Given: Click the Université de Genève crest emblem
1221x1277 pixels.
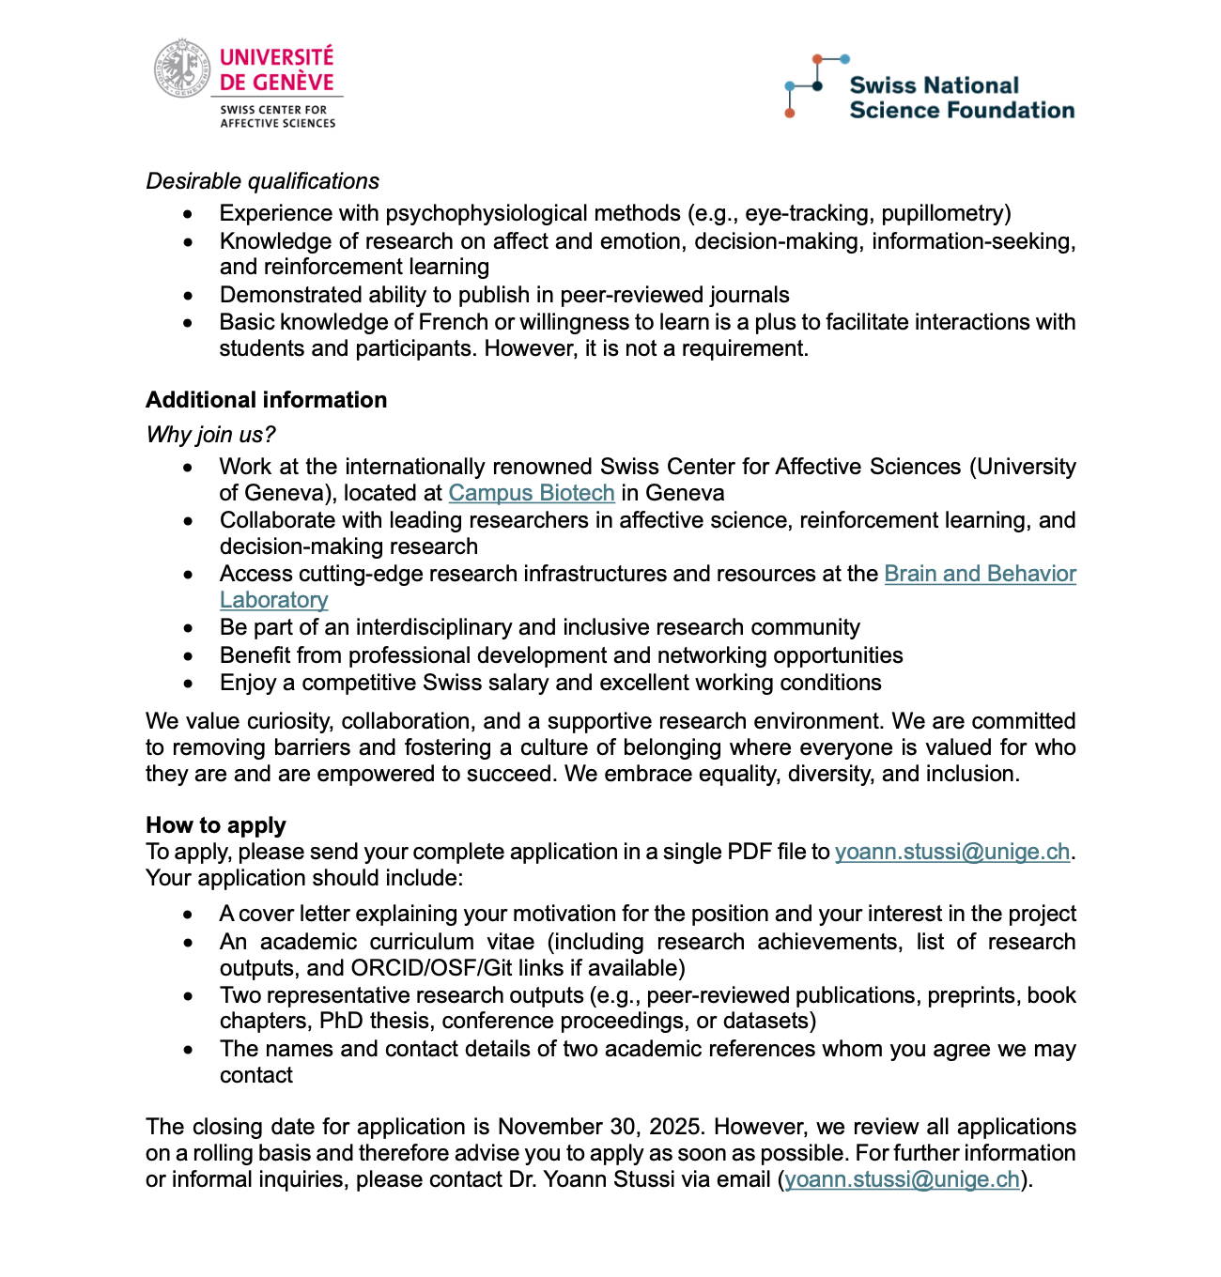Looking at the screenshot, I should (x=182, y=68).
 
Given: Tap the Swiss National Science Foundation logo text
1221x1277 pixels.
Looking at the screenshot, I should (x=961, y=98).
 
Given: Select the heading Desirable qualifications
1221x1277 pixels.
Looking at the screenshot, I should (x=262, y=181).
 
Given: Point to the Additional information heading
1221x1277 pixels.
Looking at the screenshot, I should (x=266, y=400).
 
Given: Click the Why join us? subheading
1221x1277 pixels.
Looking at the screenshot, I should (x=210, y=435).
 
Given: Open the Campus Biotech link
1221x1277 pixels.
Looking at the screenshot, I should (x=531, y=493).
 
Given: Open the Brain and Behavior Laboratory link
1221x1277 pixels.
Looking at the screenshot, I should (x=980, y=574).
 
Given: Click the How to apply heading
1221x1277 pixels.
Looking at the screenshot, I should (x=215, y=825).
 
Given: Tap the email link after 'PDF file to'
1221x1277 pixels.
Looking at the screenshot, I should (x=951, y=852).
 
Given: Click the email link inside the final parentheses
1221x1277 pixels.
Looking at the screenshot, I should (x=902, y=1179).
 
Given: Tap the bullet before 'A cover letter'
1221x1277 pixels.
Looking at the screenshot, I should (x=189, y=915).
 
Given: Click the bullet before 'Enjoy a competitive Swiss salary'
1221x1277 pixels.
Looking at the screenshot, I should (x=189, y=684).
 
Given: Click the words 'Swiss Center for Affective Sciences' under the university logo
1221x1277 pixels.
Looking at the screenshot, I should (x=277, y=116).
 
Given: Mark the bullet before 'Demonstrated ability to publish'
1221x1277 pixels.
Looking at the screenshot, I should (x=189, y=296).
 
